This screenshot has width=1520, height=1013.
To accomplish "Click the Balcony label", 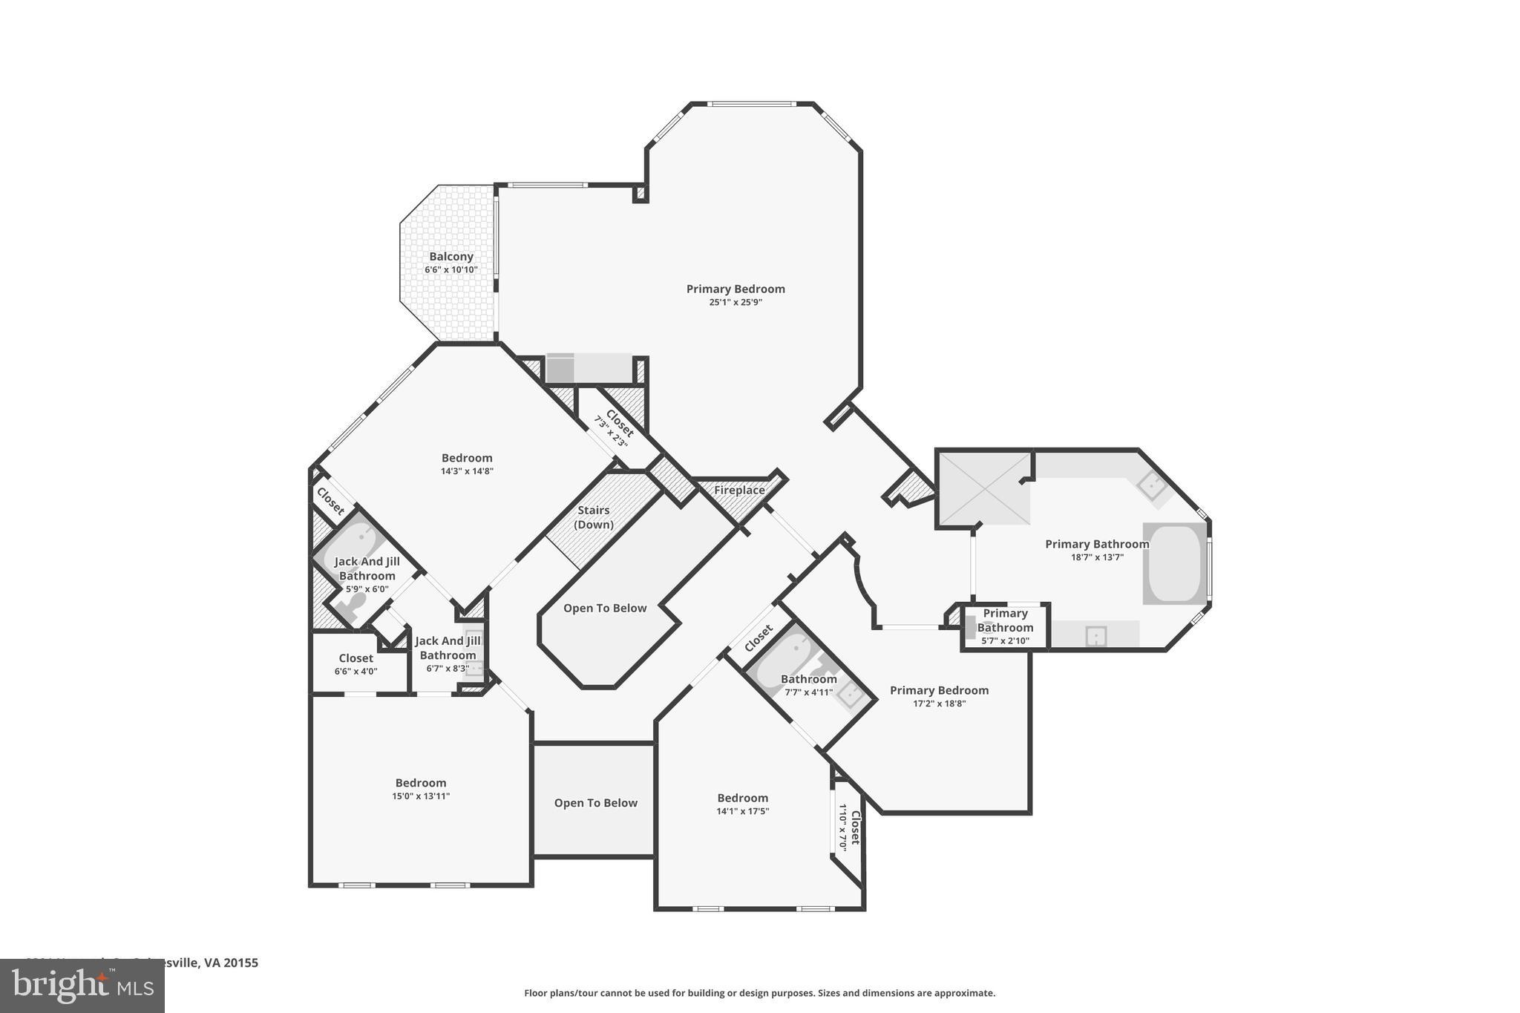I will tap(451, 257).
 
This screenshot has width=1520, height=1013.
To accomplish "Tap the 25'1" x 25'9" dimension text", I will tap(735, 302).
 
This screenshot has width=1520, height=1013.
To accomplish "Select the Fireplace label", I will tap(739, 491).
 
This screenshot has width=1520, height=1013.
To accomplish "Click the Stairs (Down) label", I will tap(594, 517).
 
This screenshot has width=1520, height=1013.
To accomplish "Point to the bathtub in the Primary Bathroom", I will tap(1174, 564).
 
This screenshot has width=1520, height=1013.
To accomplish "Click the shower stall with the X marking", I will tap(984, 488).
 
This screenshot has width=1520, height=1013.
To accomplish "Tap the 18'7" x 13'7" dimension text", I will tap(1097, 557).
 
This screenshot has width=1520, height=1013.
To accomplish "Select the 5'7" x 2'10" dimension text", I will tap(1005, 641).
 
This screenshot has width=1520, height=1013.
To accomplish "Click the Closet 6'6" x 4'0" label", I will tap(356, 658).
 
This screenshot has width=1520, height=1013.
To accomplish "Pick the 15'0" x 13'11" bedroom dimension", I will tap(421, 796).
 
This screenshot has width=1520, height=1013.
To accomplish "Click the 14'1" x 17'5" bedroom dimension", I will tap(742, 811).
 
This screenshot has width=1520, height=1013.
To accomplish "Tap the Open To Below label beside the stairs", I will tap(605, 609).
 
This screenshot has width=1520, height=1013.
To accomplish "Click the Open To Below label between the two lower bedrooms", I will tap(595, 803).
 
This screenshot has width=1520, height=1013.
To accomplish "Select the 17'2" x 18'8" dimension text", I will tap(939, 704).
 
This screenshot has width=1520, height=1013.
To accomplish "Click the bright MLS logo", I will tap(82, 986).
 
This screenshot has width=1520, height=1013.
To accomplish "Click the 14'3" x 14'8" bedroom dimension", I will tap(467, 471).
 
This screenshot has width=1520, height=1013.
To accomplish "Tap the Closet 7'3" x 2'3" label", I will tap(620, 424).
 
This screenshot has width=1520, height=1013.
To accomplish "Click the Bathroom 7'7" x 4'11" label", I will tap(808, 679).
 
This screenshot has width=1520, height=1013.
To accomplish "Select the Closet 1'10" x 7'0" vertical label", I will tap(854, 827).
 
